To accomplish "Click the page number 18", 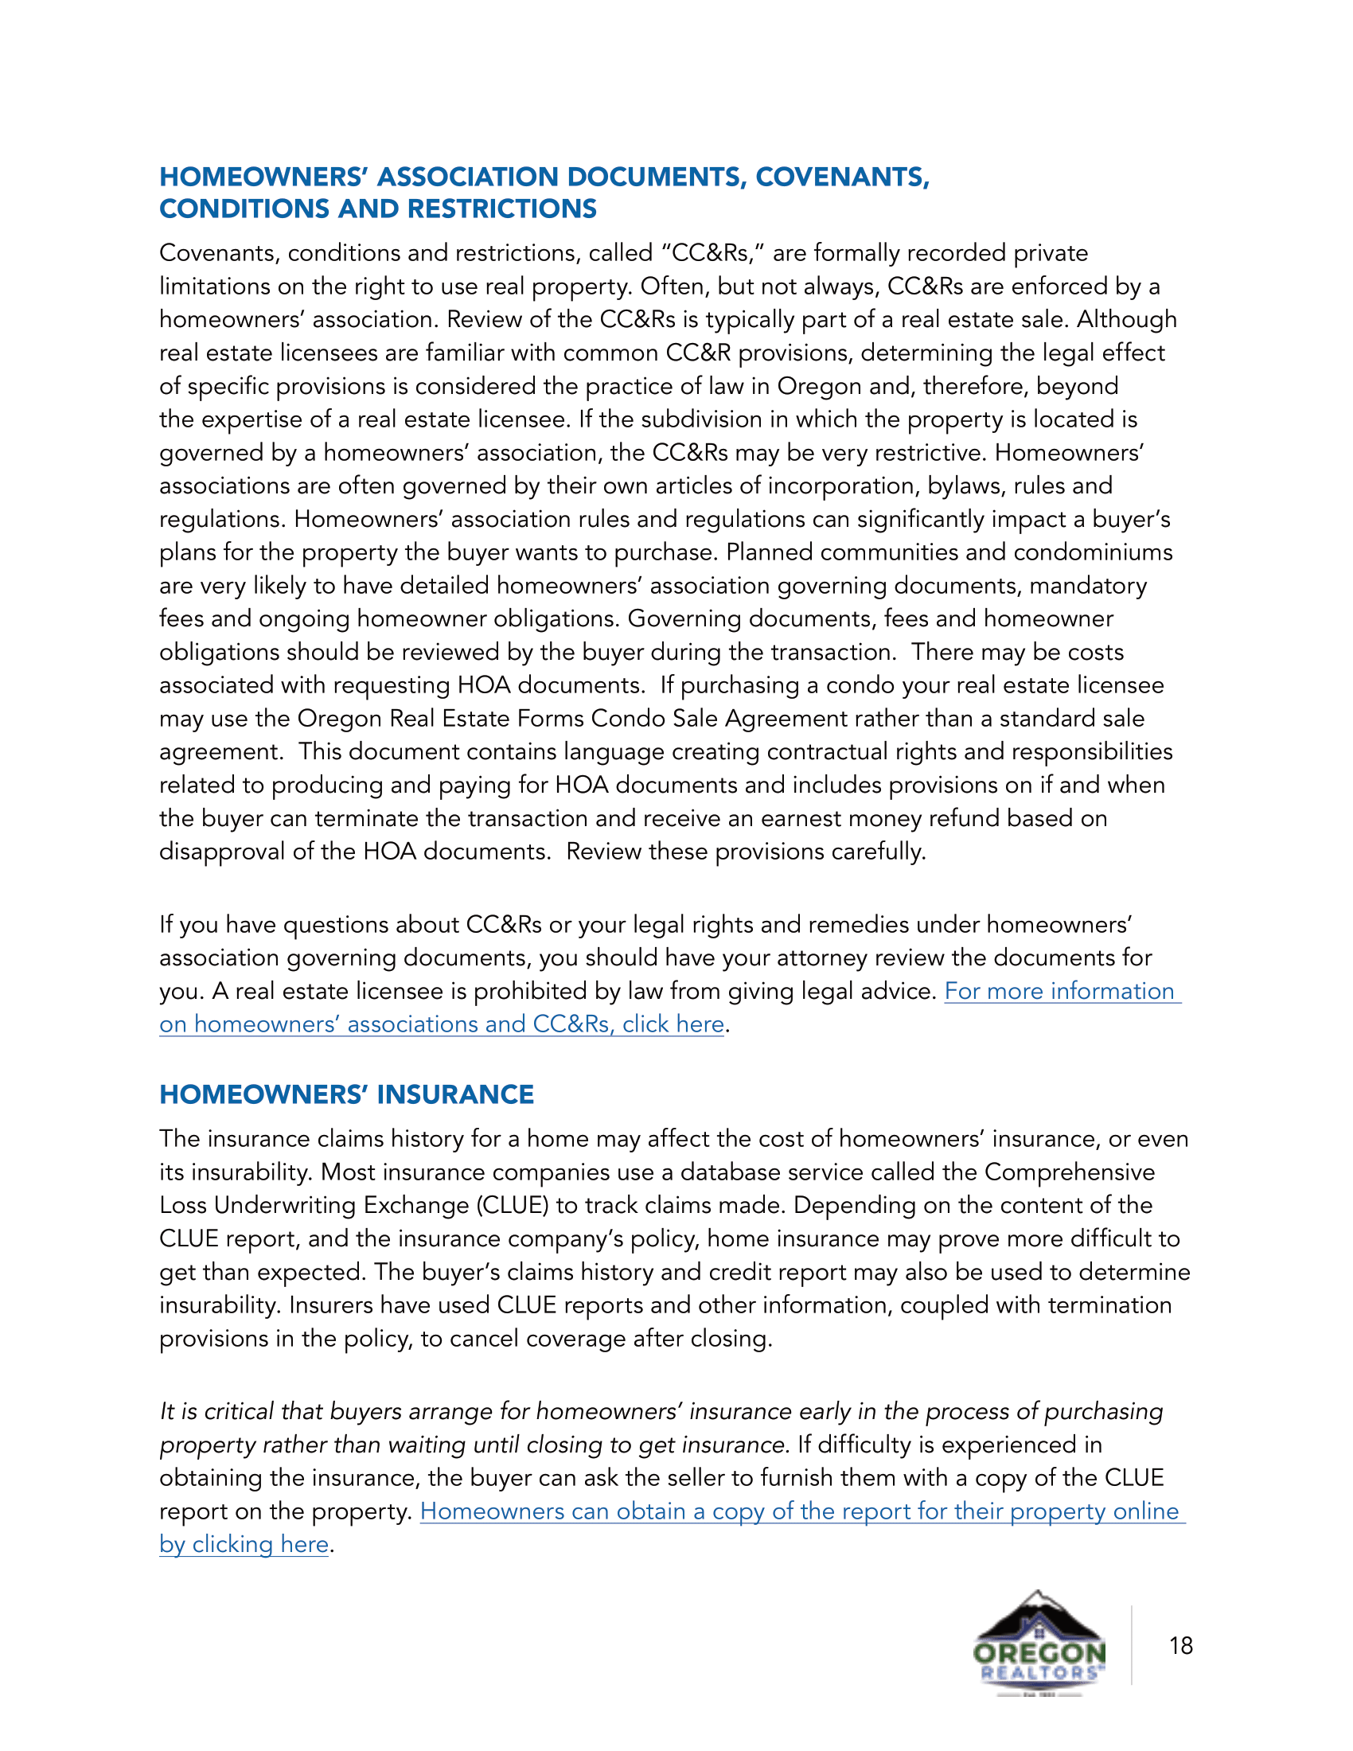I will (1179, 1646).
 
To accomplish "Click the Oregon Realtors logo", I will (1039, 1644).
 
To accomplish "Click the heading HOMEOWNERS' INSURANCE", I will (346, 1094).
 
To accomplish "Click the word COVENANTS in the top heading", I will (841, 177).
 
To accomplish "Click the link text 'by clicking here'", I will (244, 1544).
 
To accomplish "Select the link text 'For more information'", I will (1059, 991).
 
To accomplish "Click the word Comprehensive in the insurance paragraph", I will (1069, 1172).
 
